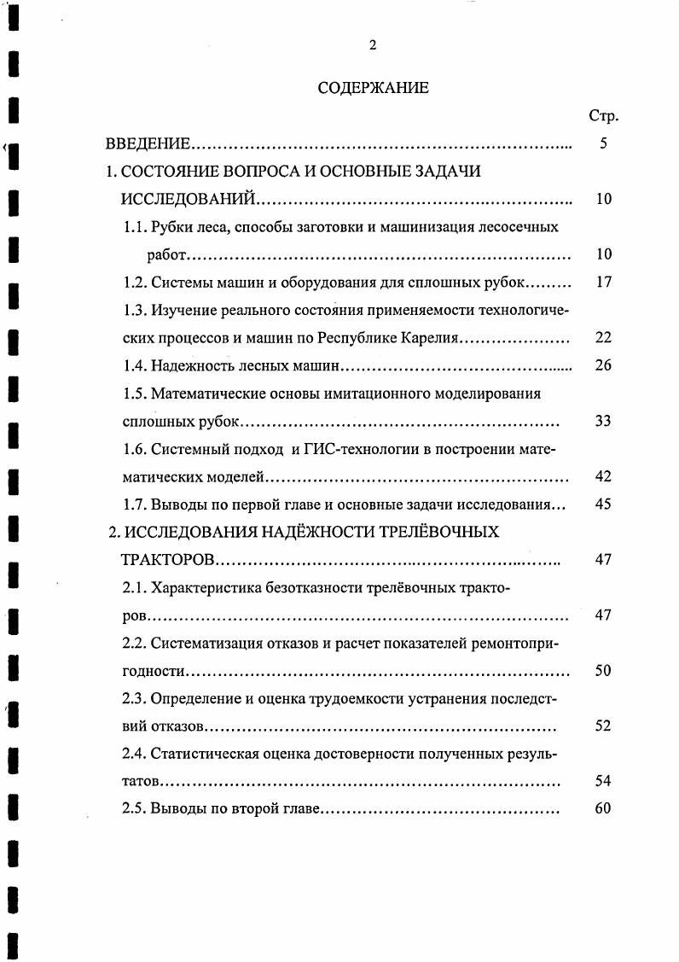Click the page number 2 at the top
click(x=372, y=46)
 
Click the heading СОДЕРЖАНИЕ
click(x=373, y=87)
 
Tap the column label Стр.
click(x=603, y=116)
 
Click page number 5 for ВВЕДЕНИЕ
click(x=603, y=144)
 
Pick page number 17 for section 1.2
click(x=603, y=282)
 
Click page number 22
click(x=603, y=338)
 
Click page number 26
click(x=603, y=366)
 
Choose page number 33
click(x=603, y=421)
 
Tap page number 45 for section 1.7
click(x=603, y=504)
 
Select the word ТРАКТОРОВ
click(x=168, y=560)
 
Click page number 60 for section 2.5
click(x=603, y=808)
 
